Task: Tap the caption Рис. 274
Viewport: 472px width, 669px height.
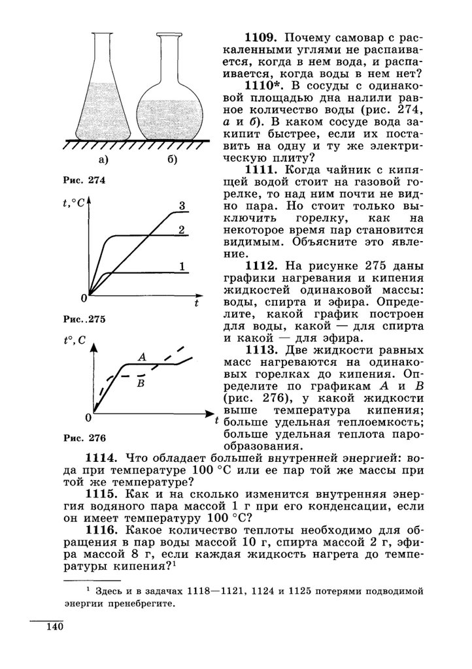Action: (83, 180)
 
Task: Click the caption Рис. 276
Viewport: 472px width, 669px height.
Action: (84, 437)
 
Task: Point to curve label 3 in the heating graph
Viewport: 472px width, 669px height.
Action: (182, 206)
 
